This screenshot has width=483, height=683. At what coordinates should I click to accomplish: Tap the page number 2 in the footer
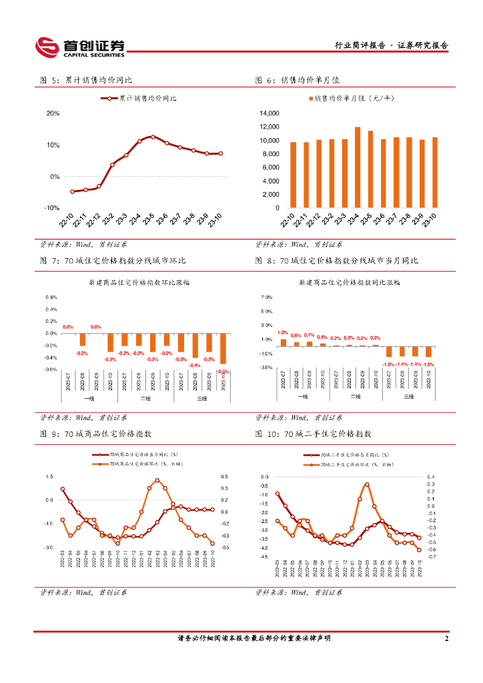point(446,638)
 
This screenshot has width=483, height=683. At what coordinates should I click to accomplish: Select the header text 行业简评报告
point(360,46)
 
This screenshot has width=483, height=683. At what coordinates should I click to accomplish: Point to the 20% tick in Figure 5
point(53,113)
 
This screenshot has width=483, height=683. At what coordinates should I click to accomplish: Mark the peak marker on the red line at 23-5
point(153,137)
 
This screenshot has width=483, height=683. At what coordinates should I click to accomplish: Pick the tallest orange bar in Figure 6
point(358,167)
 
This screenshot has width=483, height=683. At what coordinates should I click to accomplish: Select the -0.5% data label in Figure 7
point(223,371)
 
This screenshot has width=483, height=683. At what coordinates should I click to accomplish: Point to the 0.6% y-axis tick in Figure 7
point(51,297)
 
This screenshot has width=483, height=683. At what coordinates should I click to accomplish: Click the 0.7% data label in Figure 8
point(309,335)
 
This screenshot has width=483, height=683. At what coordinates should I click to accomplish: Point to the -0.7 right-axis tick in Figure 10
point(432,556)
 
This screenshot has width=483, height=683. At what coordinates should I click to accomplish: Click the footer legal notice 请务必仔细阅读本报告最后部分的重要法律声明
point(254,638)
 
